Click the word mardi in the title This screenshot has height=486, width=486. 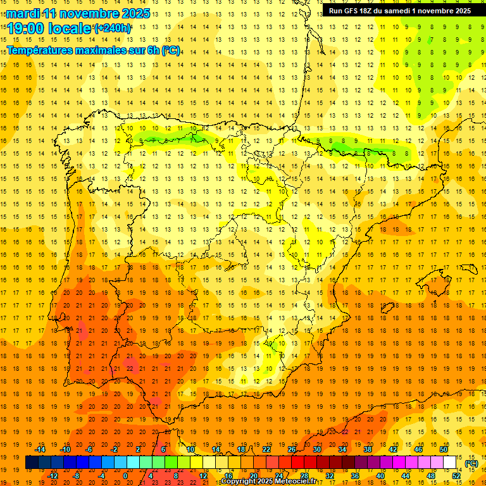(x=22, y=13)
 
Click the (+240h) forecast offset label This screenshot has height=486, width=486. (x=113, y=28)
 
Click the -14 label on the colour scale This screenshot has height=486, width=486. (x=40, y=449)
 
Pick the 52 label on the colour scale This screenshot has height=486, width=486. (x=456, y=476)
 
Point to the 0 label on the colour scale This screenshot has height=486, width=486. (x=125, y=476)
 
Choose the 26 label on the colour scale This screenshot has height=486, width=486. (x=292, y=449)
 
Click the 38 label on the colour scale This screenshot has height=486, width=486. (x=367, y=449)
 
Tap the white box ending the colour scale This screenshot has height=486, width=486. (x=450, y=463)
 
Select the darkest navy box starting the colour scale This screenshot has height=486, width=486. (x=32, y=463)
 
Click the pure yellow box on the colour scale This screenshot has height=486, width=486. (x=196, y=463)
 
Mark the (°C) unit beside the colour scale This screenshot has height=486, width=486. (x=471, y=463)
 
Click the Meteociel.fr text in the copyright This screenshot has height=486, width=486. (x=297, y=482)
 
